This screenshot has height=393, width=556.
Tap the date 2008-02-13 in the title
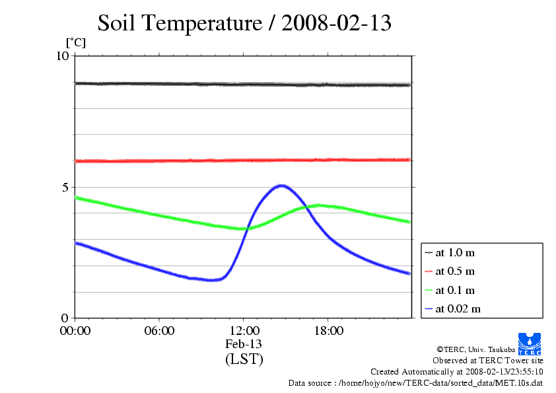pos(337,23)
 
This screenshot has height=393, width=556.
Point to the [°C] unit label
pos(75,42)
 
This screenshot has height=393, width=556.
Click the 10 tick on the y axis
pos(63,56)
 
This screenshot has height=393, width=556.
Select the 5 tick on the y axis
pos(66,187)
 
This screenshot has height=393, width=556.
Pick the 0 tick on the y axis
pos(66,318)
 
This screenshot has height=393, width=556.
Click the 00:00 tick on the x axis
pos(75,331)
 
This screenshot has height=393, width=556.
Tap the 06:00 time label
pos(159,331)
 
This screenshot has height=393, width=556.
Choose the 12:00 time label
pos(244,331)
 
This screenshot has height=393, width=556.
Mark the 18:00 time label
pos(328,331)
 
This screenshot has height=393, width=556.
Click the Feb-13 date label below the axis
pos(244,344)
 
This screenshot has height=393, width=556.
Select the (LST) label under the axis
pos(244,359)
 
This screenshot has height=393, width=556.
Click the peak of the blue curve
pos(281,186)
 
